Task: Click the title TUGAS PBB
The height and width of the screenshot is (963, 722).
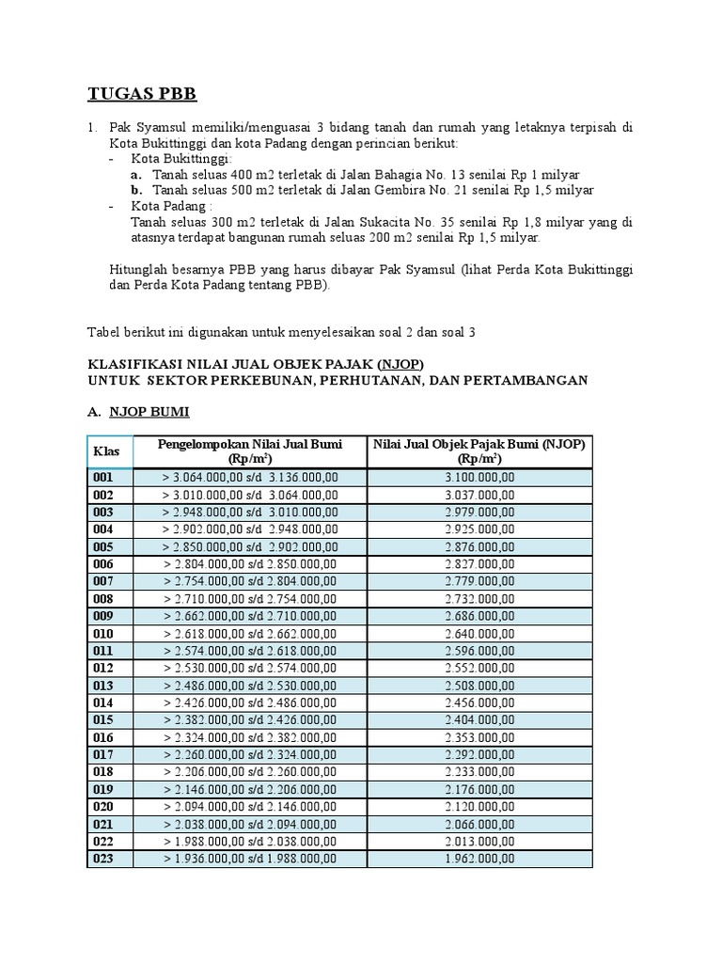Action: point(142,93)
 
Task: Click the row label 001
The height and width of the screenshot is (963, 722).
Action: point(102,477)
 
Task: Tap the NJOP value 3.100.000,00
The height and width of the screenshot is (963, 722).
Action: point(479,477)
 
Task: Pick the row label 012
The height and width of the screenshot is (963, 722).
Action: point(102,667)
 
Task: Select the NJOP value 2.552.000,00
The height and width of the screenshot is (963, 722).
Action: point(479,667)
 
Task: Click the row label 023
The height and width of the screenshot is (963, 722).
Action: point(102,858)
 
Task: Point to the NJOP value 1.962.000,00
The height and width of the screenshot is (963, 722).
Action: point(479,858)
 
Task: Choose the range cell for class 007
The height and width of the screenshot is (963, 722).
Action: point(249,580)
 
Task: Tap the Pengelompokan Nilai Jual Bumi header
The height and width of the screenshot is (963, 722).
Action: point(249,450)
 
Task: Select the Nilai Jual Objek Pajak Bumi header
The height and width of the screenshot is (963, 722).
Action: point(479,450)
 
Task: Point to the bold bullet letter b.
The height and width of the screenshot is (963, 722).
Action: point(136,190)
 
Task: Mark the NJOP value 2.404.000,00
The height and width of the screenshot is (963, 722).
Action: point(479,718)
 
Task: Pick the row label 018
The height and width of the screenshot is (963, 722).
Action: point(102,771)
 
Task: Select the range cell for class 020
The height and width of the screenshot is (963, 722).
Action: point(249,806)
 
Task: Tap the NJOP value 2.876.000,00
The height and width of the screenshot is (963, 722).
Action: point(479,546)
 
